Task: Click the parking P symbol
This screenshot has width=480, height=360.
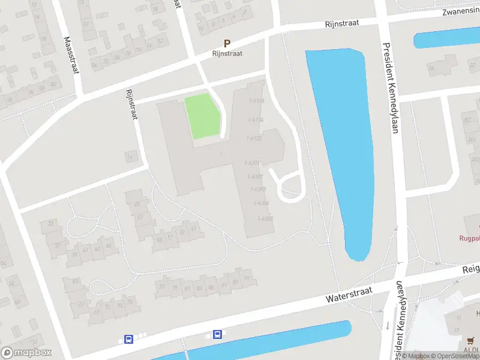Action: (x=227, y=43)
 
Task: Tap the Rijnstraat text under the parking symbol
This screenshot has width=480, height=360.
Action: (x=227, y=53)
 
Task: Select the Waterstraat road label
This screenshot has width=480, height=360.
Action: (x=350, y=293)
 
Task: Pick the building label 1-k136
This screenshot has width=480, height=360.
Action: (x=256, y=100)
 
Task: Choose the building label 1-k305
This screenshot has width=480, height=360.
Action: (x=265, y=218)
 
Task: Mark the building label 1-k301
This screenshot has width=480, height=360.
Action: (x=253, y=163)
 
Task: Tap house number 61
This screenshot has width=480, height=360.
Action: (x=193, y=229)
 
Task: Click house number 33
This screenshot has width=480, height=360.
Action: (x=51, y=223)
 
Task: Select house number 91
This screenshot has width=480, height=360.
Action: (x=247, y=278)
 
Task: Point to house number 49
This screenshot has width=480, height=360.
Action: (x=137, y=205)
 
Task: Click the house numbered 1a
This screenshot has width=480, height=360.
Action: (x=129, y=157)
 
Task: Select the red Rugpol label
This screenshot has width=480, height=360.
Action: (x=467, y=238)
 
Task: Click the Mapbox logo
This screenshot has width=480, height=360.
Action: (x=26, y=353)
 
